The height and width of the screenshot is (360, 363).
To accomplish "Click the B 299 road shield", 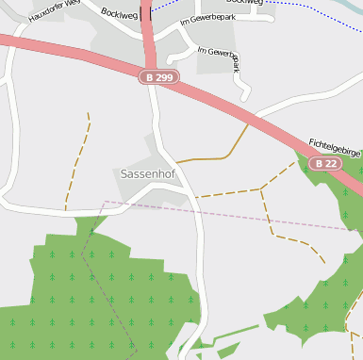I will click(x=158, y=76).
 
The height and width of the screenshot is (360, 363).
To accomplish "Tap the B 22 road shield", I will click(x=326, y=163).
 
